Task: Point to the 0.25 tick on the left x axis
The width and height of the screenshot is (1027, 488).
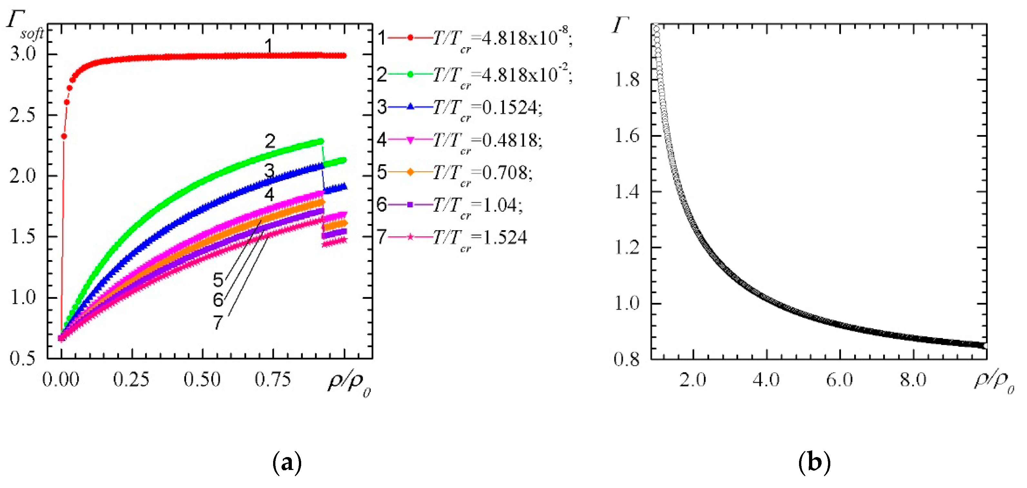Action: coord(131,379)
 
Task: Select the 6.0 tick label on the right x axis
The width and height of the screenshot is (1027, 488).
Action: coord(839,379)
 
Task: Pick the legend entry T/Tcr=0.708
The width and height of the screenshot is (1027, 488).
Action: coord(482,172)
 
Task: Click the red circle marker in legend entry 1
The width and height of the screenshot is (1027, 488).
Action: coord(410,38)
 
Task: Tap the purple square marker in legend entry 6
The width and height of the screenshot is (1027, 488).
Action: coord(410,205)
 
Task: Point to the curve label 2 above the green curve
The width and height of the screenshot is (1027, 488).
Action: coord(270,141)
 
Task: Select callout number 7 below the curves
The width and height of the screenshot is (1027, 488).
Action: coord(218,322)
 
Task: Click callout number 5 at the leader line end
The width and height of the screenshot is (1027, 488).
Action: coord(218,280)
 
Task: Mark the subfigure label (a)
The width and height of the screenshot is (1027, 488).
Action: coord(287,462)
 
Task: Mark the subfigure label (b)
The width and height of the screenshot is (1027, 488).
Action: coord(815,462)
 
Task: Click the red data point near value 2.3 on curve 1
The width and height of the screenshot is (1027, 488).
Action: coord(64,136)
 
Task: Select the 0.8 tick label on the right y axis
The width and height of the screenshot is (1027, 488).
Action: coord(626,359)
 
